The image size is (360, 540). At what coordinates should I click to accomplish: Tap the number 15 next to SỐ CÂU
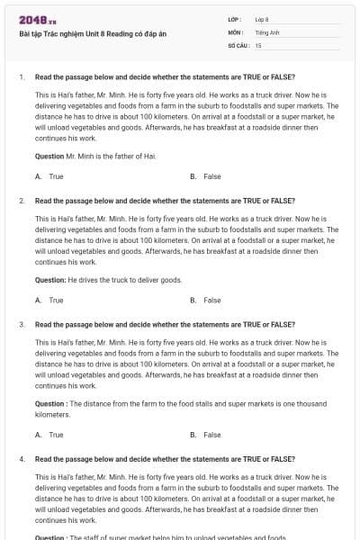(258, 44)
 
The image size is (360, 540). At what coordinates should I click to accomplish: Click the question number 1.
(21, 77)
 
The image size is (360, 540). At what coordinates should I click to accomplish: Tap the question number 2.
(21, 201)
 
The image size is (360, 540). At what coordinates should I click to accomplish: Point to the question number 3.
(21, 324)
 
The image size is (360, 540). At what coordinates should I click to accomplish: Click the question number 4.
(21, 459)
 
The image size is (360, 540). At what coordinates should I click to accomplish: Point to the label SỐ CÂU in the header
(238, 44)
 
